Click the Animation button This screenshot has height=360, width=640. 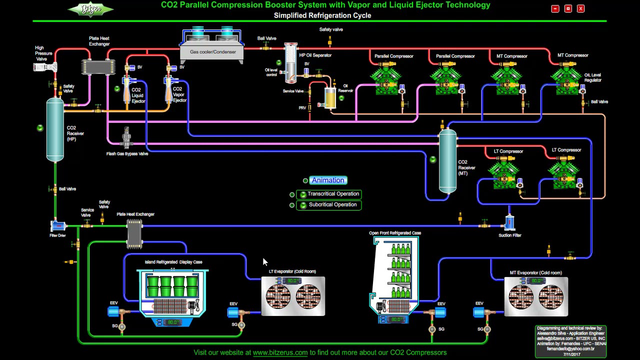click(328, 180)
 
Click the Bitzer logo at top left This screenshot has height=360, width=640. click(90, 9)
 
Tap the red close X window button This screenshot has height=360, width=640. click(580, 8)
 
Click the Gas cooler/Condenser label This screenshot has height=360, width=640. click(212, 52)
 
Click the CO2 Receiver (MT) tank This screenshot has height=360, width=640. click(447, 161)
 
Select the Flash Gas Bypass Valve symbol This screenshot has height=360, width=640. click(127, 138)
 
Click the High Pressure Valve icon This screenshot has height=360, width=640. click(45, 67)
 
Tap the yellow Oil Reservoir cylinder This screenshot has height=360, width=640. click(330, 98)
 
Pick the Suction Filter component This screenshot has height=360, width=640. click(509, 223)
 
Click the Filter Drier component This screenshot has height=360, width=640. click(58, 226)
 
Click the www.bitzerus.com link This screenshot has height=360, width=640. click(280, 352)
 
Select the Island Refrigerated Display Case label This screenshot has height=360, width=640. click(173, 262)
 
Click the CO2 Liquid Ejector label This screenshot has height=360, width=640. click(137, 95)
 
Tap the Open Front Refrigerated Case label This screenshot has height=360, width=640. click(395, 233)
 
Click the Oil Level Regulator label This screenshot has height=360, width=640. click(592, 77)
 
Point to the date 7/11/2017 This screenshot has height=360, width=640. click(571, 354)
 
